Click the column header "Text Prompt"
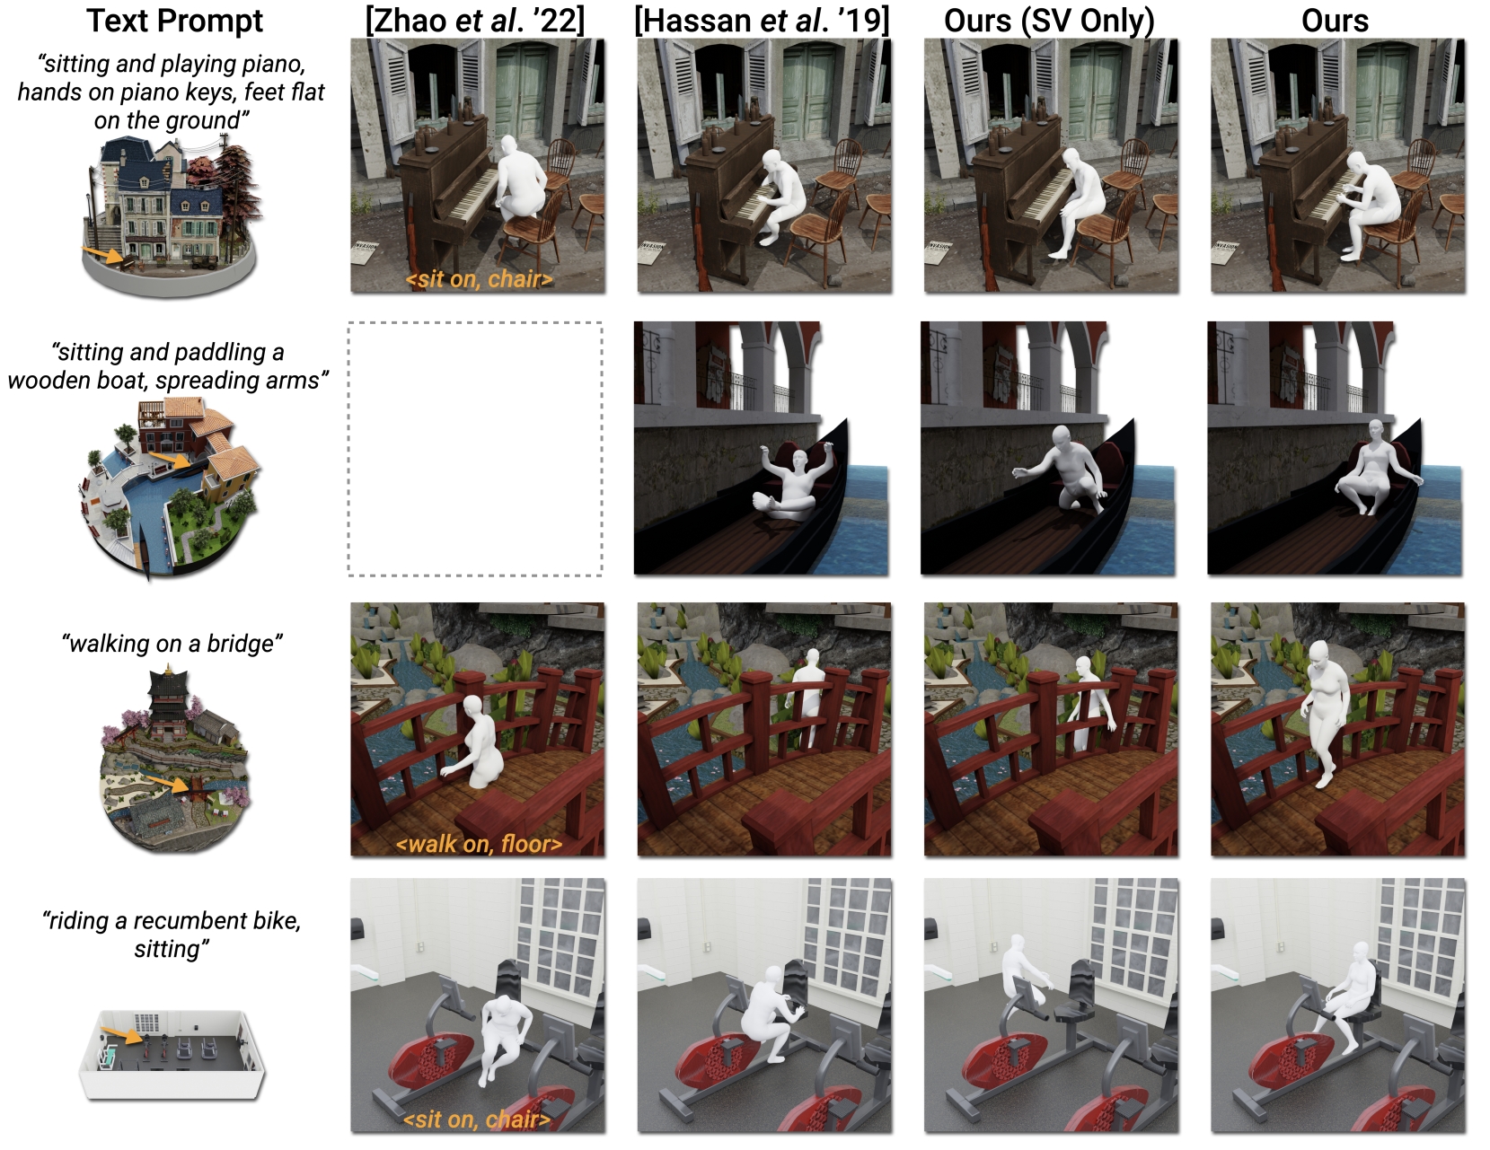pos(174,20)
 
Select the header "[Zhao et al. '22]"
pos(475,20)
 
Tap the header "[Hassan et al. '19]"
pos(762,20)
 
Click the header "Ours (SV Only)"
pos(1049,20)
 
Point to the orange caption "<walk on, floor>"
pos(479,844)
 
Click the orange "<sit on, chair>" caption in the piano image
pos(479,279)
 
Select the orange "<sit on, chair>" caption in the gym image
pos(477,1119)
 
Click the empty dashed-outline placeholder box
pos(475,448)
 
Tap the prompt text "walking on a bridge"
pos(172,644)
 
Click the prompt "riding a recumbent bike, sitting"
pos(172,935)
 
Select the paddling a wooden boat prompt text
pos(168,366)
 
